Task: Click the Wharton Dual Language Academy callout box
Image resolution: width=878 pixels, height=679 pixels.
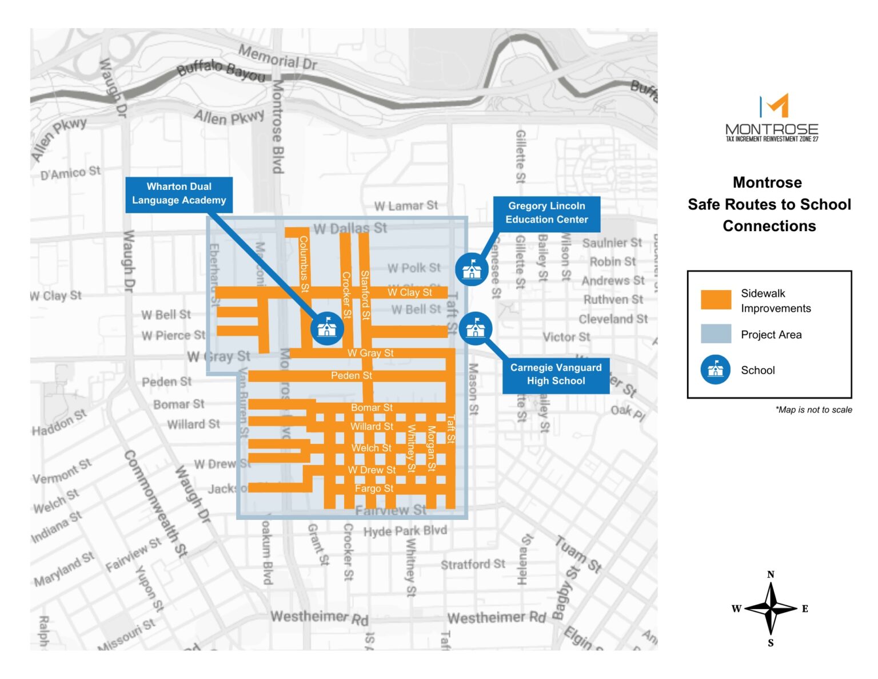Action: coord(179,194)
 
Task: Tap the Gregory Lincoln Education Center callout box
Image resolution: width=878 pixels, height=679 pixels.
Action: coord(546,213)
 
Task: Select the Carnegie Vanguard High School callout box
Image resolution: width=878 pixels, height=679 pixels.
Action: coord(556,375)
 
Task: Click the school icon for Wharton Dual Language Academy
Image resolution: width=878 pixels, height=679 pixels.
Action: coord(327,328)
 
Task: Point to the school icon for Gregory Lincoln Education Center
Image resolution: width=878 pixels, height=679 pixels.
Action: coord(472,268)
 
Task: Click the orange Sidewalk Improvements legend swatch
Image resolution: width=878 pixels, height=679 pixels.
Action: coord(716,300)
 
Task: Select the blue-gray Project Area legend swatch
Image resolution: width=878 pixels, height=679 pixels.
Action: coord(716,334)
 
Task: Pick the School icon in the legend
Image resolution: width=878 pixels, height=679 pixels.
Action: coord(716,370)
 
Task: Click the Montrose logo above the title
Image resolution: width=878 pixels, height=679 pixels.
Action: coord(772,118)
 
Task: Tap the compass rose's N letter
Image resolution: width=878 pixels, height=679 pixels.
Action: coord(771,574)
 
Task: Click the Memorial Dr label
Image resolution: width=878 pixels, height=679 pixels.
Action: coord(277,57)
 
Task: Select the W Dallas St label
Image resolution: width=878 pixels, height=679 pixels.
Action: coord(350,228)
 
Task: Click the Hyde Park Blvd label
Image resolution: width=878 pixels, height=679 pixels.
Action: coord(405,531)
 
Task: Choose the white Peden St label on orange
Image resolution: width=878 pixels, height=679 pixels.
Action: coord(352,375)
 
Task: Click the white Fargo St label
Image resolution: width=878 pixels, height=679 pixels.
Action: coord(374,489)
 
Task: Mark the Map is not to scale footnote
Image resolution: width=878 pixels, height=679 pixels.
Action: coord(813,410)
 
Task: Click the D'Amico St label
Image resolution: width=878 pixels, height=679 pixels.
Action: coord(70,172)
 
